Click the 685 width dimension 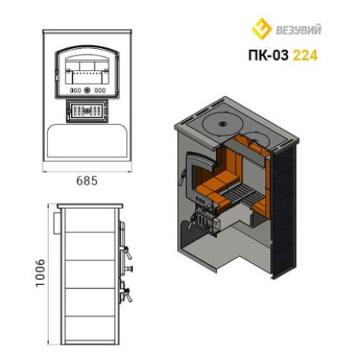(87, 181)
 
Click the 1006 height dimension (40, 272)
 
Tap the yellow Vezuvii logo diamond (261, 28)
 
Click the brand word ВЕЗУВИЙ (299, 30)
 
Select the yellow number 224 (305, 55)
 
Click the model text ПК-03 (268, 55)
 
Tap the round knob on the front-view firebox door (87, 91)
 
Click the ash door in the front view (87, 111)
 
